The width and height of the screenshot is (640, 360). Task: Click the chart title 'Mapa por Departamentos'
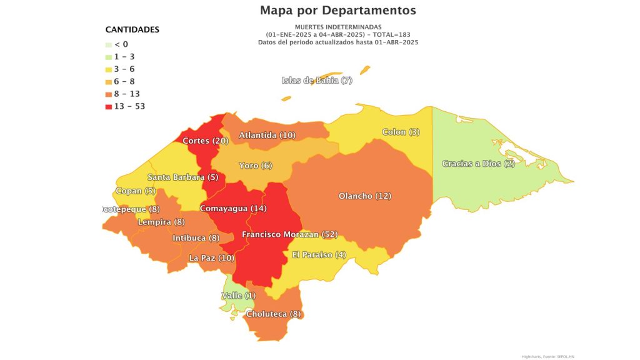click(337, 11)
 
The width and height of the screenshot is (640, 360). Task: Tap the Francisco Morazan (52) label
click(289, 234)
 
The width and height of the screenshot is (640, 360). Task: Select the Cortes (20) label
click(205, 141)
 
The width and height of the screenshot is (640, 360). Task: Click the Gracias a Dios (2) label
click(478, 164)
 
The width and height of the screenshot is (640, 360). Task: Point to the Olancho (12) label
click(364, 196)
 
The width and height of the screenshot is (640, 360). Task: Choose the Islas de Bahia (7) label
click(317, 80)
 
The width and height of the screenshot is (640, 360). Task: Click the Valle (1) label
click(239, 295)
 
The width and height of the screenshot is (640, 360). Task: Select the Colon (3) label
click(401, 132)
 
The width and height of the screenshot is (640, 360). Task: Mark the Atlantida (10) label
click(267, 135)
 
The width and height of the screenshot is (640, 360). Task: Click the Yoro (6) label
click(256, 166)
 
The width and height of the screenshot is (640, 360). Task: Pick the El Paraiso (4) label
click(319, 255)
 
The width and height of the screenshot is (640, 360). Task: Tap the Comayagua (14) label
click(233, 208)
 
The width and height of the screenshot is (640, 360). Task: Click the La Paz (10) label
click(211, 257)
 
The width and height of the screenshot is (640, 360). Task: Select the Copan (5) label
click(136, 191)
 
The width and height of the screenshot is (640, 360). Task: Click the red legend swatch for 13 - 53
click(108, 106)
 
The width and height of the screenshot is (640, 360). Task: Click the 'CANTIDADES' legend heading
click(132, 29)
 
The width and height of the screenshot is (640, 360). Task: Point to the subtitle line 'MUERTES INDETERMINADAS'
click(337, 27)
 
